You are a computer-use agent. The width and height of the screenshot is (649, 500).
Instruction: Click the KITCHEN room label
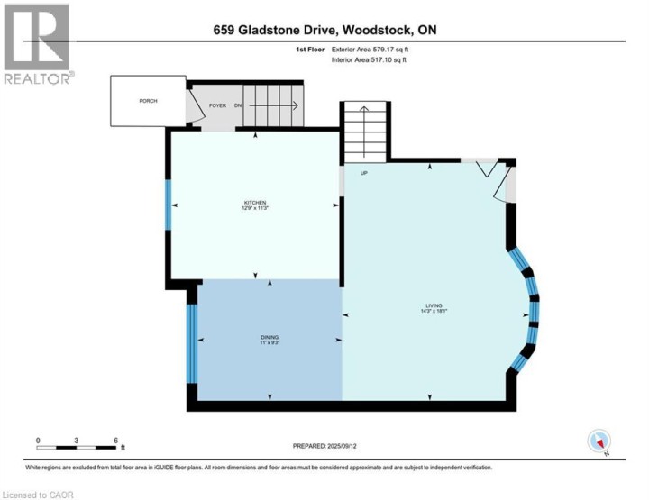(253, 203)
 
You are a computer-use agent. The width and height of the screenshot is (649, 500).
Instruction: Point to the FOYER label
(217, 106)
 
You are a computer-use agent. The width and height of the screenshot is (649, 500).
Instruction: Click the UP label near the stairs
(364, 173)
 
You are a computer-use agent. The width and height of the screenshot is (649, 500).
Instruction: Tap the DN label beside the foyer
(239, 106)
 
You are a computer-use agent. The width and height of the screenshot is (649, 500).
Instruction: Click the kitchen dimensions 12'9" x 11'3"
(253, 209)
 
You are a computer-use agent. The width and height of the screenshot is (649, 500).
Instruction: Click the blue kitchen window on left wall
(167, 205)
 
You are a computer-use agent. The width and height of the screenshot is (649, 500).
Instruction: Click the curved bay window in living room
(530, 311)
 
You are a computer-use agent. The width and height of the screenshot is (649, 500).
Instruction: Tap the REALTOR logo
(37, 45)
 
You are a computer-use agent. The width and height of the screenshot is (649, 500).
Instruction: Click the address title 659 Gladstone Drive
(323, 31)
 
